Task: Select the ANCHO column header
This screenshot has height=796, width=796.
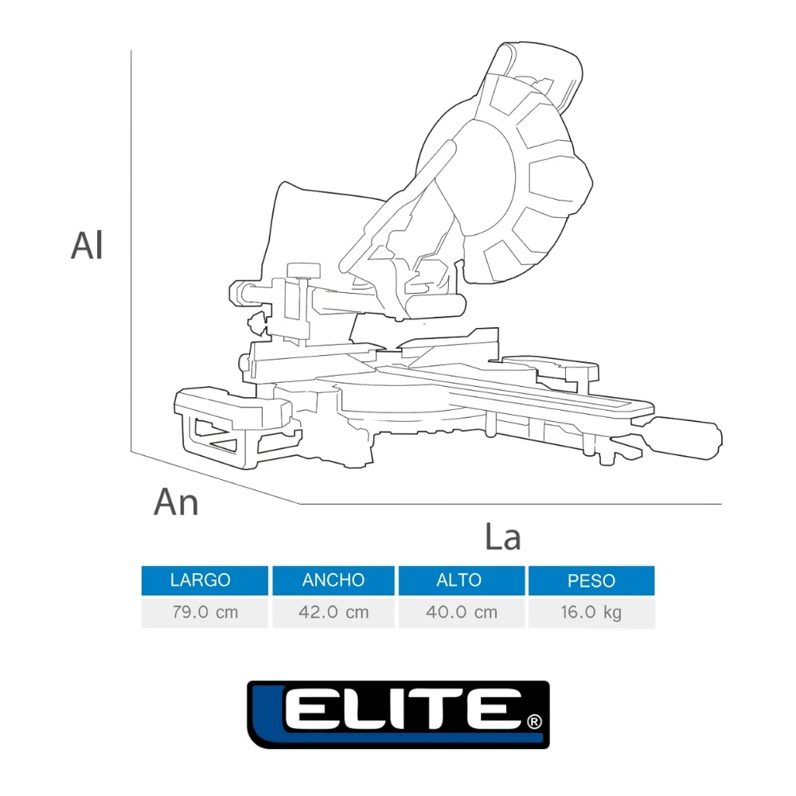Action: pos(334,579)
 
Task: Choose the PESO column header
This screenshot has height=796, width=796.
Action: pos(591,579)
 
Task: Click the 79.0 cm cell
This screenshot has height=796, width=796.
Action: pos(205,612)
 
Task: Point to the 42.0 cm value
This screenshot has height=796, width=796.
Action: pos(334,612)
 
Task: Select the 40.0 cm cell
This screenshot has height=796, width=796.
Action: pos(462,612)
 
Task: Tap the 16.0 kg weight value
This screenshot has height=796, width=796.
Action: pos(591,612)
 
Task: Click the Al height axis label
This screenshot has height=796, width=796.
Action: pos(87,246)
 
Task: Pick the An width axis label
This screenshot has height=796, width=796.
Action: pos(176,502)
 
